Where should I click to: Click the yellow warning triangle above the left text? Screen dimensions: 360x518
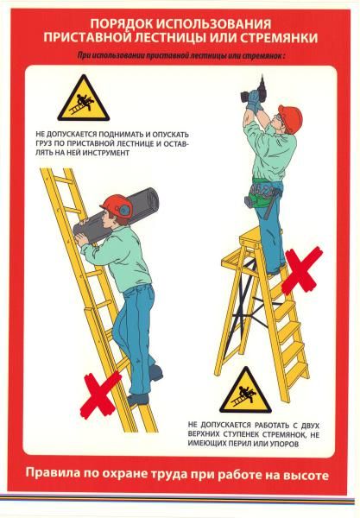click(84, 98)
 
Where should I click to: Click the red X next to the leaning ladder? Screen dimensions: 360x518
click(101, 395)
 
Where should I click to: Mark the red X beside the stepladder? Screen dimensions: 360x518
click(302, 270)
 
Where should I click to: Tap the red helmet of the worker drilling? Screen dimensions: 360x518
click(290, 118)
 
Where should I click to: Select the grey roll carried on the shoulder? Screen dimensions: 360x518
click(117, 216)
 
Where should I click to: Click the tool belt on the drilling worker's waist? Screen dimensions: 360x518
click(265, 195)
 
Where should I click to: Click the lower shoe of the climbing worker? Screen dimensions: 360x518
click(138, 400)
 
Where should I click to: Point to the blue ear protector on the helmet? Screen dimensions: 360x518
click(123, 210)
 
